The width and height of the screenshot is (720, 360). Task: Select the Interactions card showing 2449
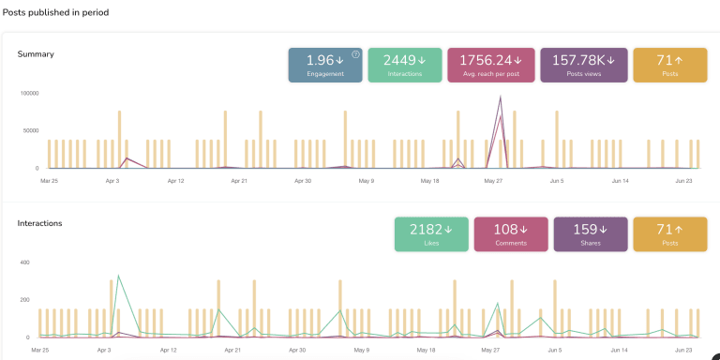point(405,65)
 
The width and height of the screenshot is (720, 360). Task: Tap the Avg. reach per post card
point(491,65)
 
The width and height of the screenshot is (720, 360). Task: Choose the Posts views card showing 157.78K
point(583,65)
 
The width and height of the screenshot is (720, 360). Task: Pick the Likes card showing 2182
point(431,234)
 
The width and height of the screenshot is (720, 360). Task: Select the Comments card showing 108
point(511,234)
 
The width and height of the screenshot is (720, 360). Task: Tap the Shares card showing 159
point(591,234)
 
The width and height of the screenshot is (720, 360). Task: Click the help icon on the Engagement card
point(355,54)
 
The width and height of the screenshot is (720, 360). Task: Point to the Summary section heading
point(36,54)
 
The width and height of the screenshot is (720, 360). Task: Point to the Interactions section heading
point(39,224)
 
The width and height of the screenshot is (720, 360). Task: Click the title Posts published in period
point(55,12)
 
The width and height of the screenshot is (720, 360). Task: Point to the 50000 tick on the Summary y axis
point(30,131)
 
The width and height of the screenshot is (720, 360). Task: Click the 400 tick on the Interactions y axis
point(25,263)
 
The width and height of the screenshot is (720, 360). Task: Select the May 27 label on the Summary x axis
point(493,180)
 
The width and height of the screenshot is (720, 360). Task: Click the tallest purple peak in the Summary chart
point(501,97)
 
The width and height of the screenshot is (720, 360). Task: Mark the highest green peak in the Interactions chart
point(118,277)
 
